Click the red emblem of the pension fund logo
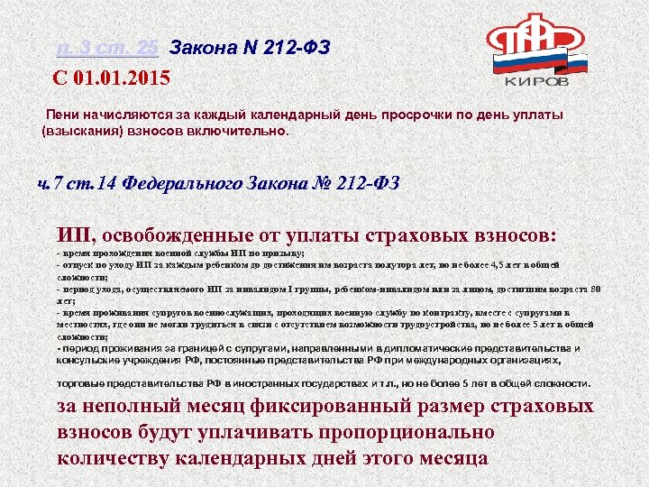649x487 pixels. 533,36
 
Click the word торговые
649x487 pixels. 83,383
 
